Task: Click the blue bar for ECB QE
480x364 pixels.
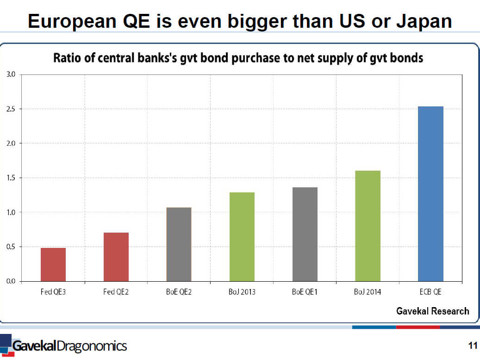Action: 430,194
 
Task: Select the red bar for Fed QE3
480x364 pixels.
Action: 53,265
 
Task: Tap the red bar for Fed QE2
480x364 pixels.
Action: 116,257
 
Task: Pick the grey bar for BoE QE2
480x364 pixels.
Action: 179,244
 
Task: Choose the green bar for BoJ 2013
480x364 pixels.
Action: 242,237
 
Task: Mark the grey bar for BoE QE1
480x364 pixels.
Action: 305,234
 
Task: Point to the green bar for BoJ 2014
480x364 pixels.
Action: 368,226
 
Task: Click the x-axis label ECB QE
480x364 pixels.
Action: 430,292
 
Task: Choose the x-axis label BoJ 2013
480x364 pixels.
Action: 242,292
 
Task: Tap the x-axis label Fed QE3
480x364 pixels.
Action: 53,292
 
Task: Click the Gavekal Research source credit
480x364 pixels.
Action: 432,311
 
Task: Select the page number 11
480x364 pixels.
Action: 472,345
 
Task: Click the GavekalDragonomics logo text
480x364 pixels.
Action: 69,346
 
